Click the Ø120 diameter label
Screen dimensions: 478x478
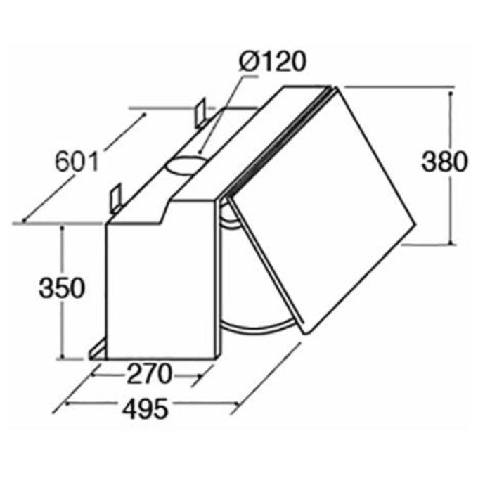(x=273, y=62)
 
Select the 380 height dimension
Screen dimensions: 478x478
(x=444, y=162)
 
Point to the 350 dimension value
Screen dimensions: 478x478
(x=61, y=288)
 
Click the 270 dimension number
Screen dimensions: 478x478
(x=148, y=375)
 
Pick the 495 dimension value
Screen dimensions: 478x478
(x=143, y=408)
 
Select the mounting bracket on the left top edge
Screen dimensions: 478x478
(x=115, y=196)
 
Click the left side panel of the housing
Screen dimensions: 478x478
(x=162, y=288)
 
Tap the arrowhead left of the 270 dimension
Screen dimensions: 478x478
(x=96, y=375)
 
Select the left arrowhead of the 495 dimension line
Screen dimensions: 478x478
(x=67, y=404)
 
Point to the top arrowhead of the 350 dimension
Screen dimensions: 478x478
(x=63, y=229)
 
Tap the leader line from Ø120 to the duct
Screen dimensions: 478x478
(x=219, y=112)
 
